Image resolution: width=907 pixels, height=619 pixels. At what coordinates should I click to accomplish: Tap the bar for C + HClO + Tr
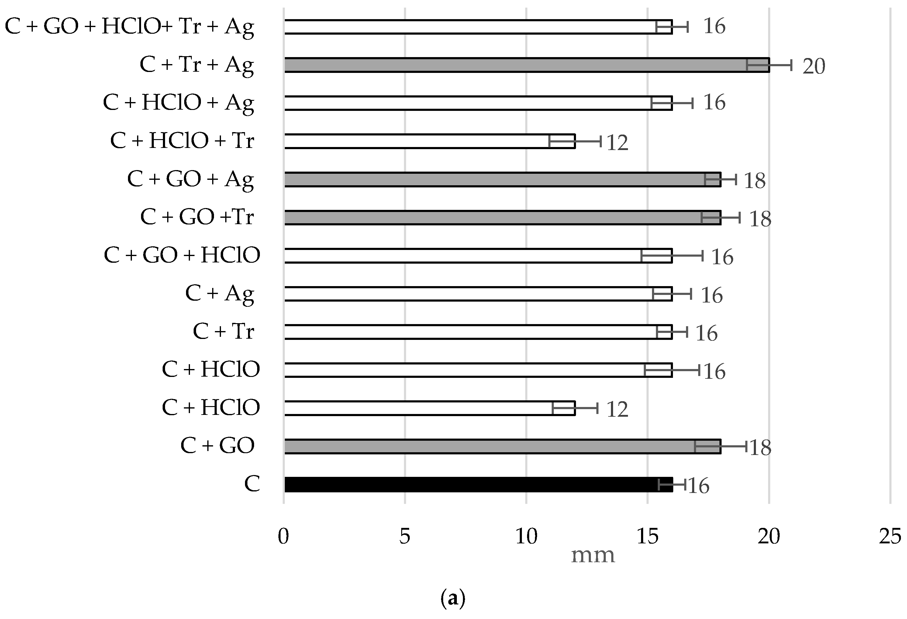pos(429,141)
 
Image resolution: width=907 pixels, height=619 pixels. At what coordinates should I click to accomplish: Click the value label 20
pos(813,66)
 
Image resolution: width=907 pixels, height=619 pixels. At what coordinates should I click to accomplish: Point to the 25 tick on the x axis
pos(890,537)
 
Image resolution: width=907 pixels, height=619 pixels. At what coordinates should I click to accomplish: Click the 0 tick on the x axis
pos(284,537)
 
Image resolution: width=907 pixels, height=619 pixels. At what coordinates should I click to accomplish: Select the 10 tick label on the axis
pos(526,537)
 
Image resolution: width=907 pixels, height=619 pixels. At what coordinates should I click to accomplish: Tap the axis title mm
pos(592,556)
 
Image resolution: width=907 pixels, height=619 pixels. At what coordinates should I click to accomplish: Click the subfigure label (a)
pos(453,598)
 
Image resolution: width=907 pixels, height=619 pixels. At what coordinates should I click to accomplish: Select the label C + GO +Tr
pos(197,217)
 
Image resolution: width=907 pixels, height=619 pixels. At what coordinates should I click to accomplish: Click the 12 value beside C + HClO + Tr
pos(617,143)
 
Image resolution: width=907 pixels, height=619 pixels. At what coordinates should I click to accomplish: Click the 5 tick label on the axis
pos(405,537)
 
